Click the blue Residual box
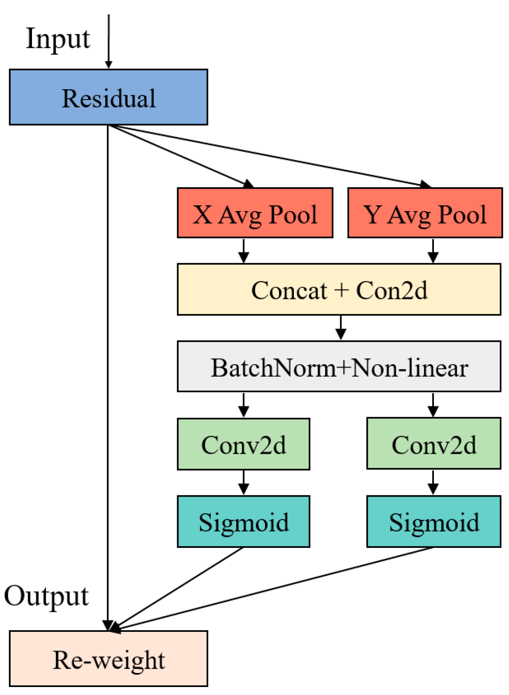tap(108, 97)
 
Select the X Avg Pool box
tap(255, 213)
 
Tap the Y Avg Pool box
tap(425, 213)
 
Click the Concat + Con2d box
tap(339, 289)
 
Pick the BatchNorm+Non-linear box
tap(339, 366)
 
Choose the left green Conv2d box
tap(243, 444)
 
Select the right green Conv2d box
tap(433, 443)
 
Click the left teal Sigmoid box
tap(243, 521)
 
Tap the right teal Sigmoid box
tap(433, 521)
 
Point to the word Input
tap(58, 39)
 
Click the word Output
tap(46, 596)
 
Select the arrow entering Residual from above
tap(108, 40)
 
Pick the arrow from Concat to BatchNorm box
tap(341, 327)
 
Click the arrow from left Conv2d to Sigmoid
tap(244, 482)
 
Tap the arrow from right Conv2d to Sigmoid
tap(433, 482)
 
